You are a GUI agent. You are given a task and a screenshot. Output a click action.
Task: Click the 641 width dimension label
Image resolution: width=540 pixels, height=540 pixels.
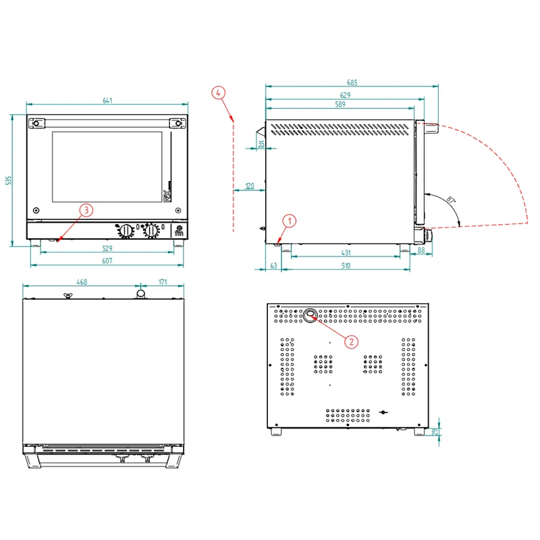point(107,100)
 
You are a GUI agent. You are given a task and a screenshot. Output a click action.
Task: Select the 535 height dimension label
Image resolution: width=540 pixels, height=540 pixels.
point(8,180)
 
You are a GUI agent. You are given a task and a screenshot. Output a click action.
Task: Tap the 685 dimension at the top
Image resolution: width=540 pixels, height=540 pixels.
point(352,82)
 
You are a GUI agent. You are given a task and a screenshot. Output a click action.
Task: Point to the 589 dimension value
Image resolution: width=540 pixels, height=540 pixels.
point(340,104)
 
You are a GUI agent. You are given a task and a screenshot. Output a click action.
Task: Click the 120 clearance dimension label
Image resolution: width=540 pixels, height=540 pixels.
point(250,186)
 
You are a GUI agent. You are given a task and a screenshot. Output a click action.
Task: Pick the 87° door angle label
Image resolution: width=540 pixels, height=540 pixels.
point(451,200)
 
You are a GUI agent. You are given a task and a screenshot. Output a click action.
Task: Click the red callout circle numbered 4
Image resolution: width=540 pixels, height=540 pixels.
point(218,92)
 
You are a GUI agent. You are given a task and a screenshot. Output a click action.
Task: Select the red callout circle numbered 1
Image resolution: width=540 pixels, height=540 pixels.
point(290,221)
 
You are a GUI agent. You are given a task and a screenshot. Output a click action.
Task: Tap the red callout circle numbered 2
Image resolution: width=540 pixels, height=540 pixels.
point(351,342)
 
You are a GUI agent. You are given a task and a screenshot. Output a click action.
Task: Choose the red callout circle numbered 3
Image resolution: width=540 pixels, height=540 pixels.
point(86,210)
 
